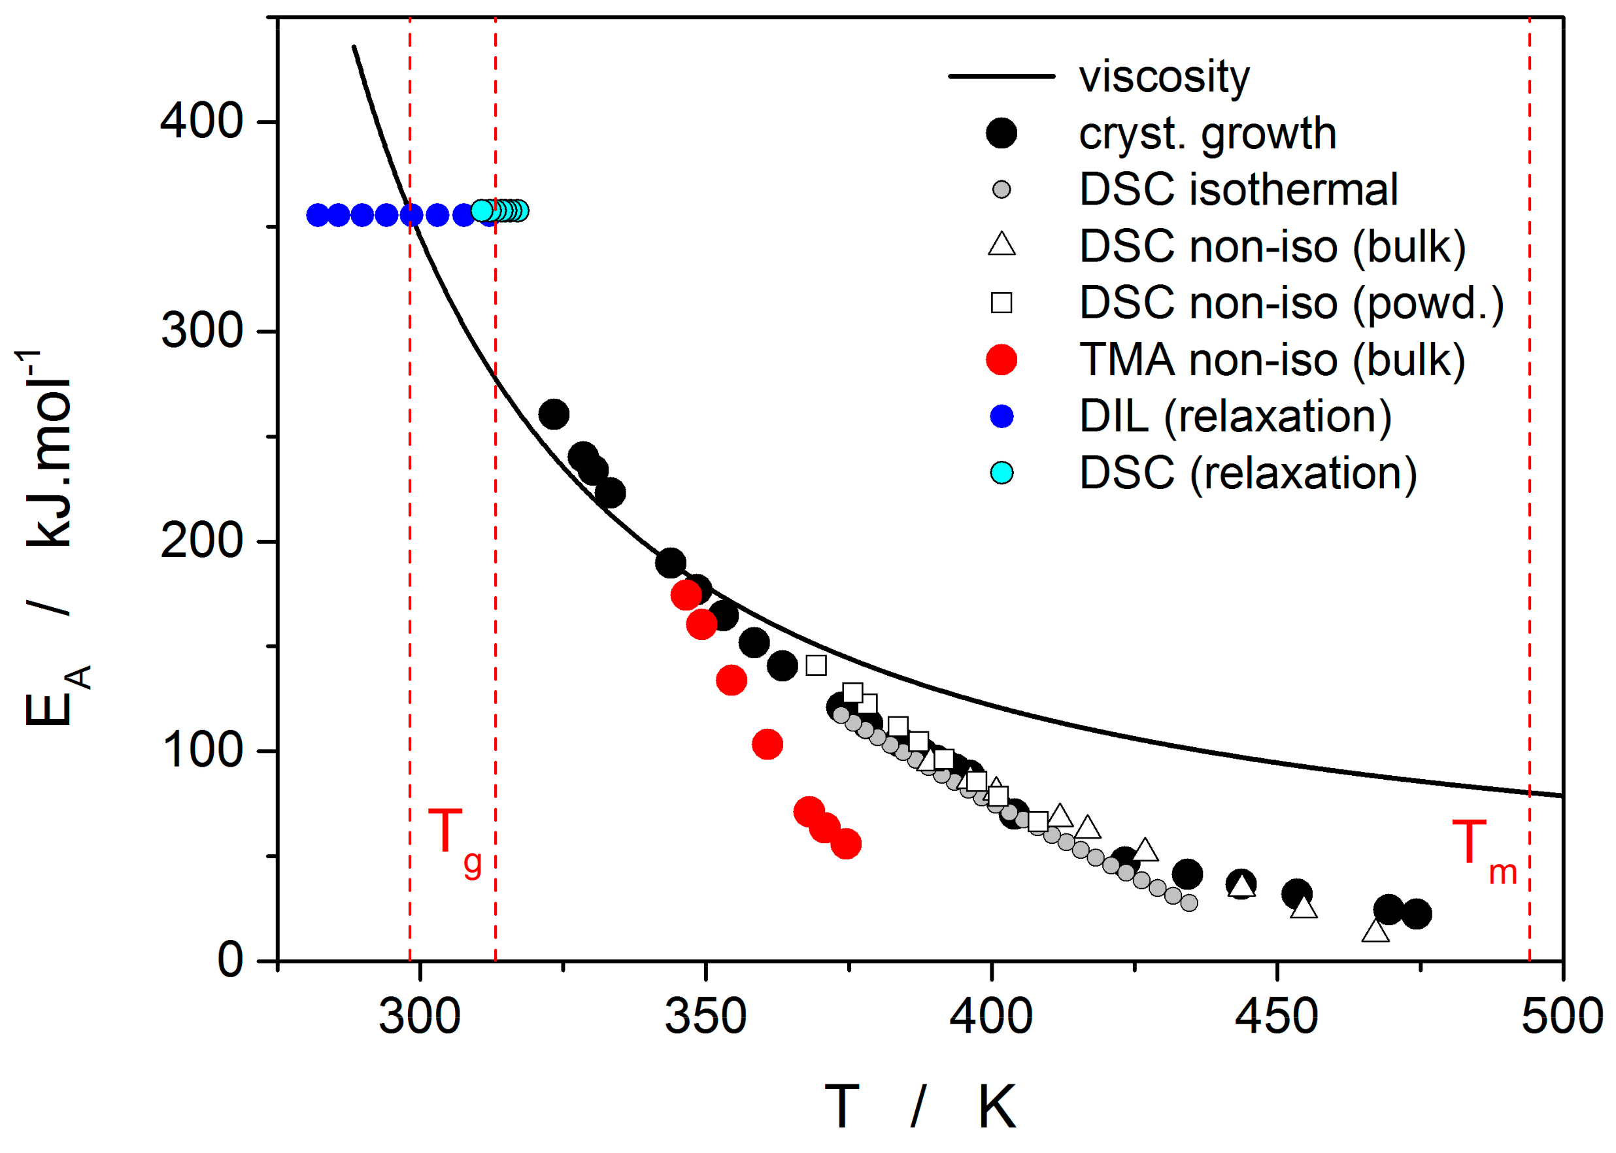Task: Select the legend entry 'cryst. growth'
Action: point(1207,133)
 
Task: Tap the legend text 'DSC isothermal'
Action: point(1238,190)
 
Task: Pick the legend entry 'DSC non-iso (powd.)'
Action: point(1292,303)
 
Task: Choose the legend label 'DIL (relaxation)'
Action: point(1235,417)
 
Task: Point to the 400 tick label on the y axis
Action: point(201,121)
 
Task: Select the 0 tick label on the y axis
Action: point(231,961)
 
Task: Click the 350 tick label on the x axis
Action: point(705,1016)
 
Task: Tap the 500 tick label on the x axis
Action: point(1561,1016)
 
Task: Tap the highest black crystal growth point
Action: point(554,414)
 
